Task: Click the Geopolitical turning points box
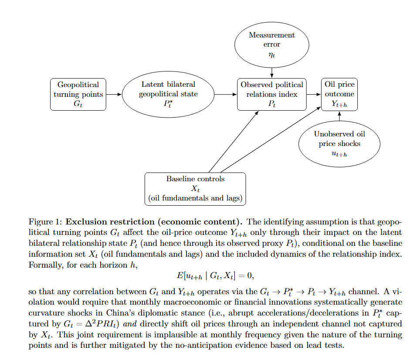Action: [78, 94]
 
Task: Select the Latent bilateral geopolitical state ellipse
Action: [168, 94]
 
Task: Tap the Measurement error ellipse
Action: [271, 44]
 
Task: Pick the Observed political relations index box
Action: [271, 94]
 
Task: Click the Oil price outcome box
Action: [339, 94]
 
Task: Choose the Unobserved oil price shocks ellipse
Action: [339, 144]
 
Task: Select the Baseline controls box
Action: [195, 189]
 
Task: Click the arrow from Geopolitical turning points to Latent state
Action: [114, 94]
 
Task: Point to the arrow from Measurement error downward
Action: [271, 72]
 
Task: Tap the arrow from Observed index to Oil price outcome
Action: [313, 94]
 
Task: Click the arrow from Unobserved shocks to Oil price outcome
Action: [339, 115]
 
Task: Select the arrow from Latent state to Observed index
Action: [226, 94]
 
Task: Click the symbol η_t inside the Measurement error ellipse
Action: [271, 55]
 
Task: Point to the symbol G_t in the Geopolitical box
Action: [78, 104]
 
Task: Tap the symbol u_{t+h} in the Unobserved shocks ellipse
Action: [339, 154]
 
